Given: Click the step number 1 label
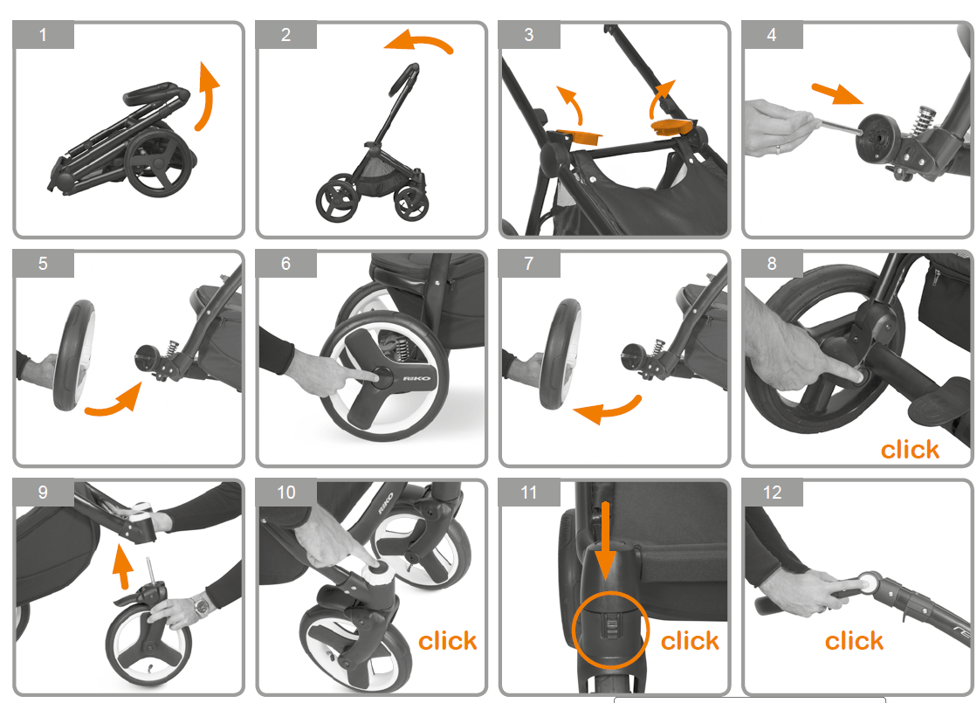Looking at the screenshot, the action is [x=43, y=35].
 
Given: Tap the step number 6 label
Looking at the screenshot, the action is [x=286, y=264].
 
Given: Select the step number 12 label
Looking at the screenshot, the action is [x=772, y=493].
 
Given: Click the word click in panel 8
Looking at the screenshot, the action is [x=910, y=450].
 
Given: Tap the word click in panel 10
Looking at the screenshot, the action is [x=447, y=641].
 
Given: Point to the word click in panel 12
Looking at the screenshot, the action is [x=854, y=641].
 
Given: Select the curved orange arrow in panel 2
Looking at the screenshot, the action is [x=419, y=41].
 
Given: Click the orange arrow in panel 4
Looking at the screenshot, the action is [x=836, y=93].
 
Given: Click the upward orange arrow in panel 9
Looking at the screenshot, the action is [x=123, y=566].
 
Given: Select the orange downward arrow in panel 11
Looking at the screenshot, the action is [x=605, y=540].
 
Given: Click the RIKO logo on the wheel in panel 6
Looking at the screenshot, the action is [x=416, y=378].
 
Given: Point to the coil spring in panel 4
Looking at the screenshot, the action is [x=924, y=119].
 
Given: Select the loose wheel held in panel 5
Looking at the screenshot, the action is [x=73, y=355].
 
